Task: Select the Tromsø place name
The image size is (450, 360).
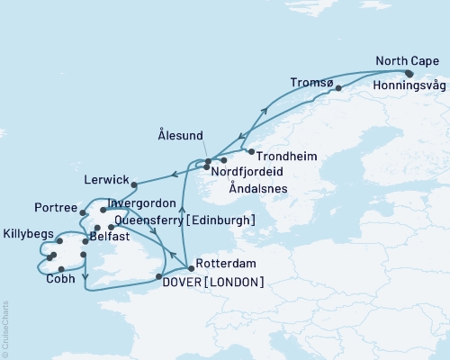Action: point(310,83)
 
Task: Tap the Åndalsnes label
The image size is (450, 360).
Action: point(258,190)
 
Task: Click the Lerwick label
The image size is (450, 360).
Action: point(103,179)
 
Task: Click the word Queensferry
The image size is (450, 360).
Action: point(151,220)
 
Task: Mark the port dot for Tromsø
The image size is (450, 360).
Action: point(338,89)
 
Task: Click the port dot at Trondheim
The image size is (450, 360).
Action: point(250,151)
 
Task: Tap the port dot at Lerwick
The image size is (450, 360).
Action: point(133,185)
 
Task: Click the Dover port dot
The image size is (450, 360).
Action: point(158,277)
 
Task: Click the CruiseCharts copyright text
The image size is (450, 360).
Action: point(5,328)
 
